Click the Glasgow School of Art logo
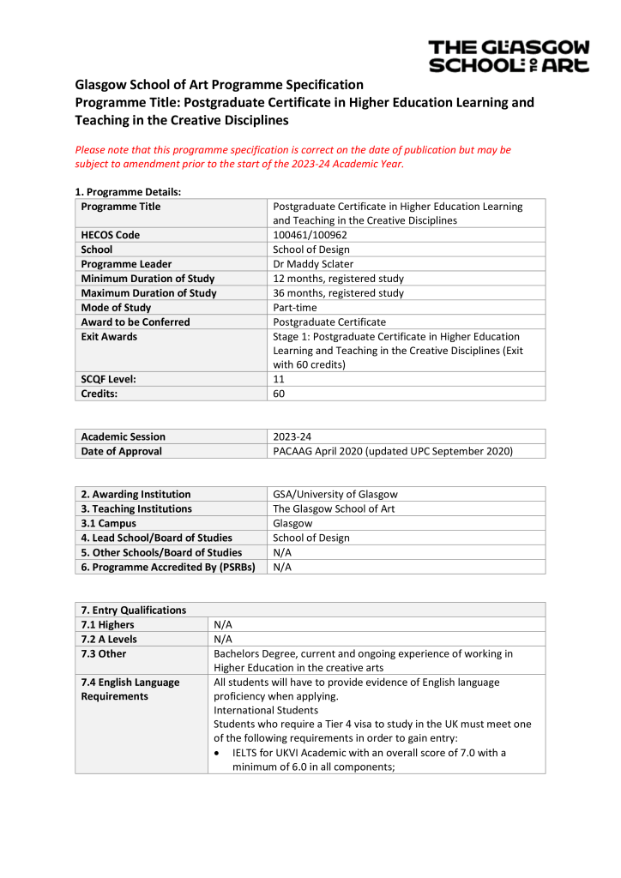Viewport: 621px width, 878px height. pos(509,56)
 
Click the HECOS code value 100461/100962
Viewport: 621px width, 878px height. pos(310,235)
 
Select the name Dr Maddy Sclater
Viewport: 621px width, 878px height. pos(313,264)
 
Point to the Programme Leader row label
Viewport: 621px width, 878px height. pos(126,264)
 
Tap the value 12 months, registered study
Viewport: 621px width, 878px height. pos(338,279)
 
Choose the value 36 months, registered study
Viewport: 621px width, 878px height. pos(338,293)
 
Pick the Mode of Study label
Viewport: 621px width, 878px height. pos(116,308)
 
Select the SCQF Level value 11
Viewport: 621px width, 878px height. pos(278,380)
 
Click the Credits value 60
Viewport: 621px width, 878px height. pos(279,394)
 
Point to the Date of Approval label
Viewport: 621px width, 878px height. pos(121,451)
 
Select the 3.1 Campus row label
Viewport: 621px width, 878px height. pos(108,523)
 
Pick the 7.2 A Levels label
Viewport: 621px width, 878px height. pos(109,640)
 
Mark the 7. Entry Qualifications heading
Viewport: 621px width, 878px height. pos(133,610)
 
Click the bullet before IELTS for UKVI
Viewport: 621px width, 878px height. pos(220,753)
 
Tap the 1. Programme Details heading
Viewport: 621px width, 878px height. pos(128,192)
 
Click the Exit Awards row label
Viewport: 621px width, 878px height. pos(109,337)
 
